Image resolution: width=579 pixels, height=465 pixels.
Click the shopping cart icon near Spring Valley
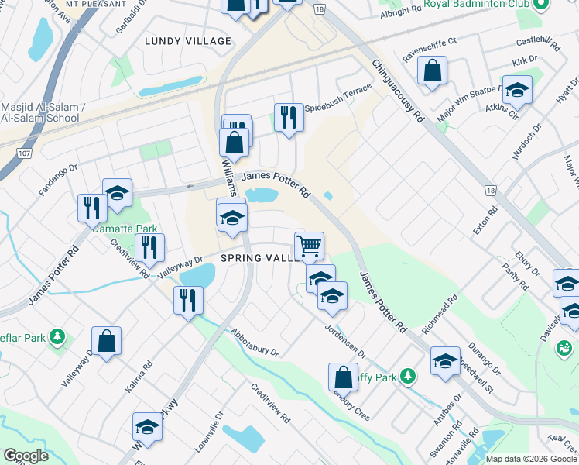[309, 246]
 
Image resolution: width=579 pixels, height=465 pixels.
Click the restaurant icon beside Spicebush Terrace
[288, 118]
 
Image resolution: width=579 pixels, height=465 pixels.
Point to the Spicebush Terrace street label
[339, 91]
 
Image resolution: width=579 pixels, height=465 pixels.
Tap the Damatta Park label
[125, 229]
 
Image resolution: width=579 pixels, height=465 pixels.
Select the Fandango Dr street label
[58, 177]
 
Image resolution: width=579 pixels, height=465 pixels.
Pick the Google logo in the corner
[26, 456]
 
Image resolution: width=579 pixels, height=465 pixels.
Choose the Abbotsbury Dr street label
[254, 341]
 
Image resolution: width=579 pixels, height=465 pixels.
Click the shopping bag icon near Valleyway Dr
[106, 341]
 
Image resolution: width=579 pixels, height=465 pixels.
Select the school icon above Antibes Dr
[445, 361]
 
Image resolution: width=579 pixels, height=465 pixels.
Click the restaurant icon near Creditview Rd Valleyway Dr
[149, 247]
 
